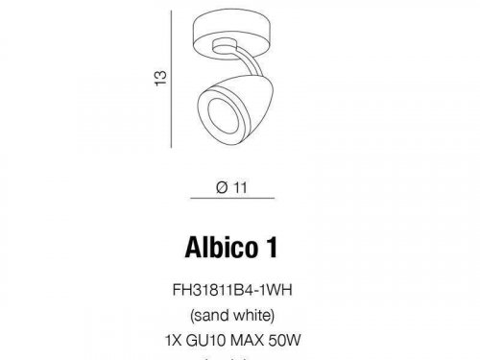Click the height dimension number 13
(x=164, y=76)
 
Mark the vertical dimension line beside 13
(x=178, y=76)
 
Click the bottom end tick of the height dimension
(x=178, y=146)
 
